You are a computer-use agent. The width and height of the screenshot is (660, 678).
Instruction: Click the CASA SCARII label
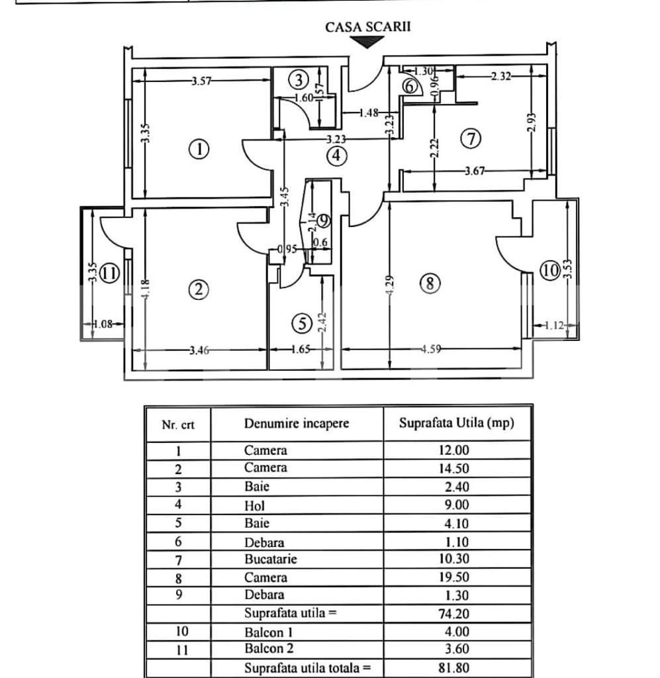367,27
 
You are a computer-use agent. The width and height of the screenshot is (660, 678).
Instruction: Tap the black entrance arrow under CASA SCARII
367,42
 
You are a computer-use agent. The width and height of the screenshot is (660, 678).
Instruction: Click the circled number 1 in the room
199,149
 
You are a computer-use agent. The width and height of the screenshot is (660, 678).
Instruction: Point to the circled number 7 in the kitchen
471,139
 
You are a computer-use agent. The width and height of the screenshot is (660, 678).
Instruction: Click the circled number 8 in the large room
430,284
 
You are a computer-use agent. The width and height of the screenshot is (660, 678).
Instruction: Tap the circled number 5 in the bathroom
302,324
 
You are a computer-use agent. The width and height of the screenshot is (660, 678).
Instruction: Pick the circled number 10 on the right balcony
550,271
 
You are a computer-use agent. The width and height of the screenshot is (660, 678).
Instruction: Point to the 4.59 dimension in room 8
432,350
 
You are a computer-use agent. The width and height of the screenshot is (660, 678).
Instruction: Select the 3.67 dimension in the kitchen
475,171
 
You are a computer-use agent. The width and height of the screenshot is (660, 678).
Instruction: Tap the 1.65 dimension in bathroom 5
301,351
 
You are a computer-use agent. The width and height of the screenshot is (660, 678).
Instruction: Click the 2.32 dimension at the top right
500,76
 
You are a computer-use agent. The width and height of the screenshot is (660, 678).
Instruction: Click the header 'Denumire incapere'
296,424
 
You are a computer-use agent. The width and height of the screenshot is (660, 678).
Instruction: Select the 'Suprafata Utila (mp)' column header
457,424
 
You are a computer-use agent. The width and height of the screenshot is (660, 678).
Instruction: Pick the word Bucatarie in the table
271,559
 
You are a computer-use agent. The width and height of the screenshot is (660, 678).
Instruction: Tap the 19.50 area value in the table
456,577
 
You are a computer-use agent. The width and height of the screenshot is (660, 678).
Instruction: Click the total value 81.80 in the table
456,668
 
